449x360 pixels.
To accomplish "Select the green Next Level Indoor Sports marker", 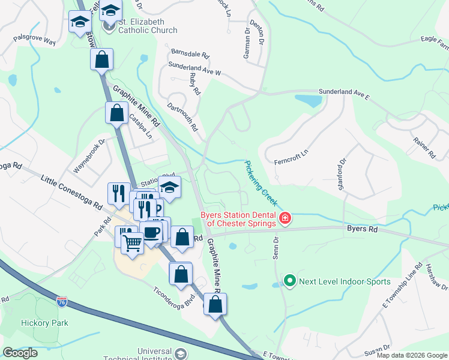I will pos(289,281).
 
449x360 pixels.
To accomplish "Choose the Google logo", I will pos(20,353).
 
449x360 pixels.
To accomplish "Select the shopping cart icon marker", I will pos(132,242).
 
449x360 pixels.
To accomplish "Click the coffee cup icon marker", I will pos(151,232).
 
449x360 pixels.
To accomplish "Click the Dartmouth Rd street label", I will pos(182,116).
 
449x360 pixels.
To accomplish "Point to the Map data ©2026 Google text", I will pos(411,354).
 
